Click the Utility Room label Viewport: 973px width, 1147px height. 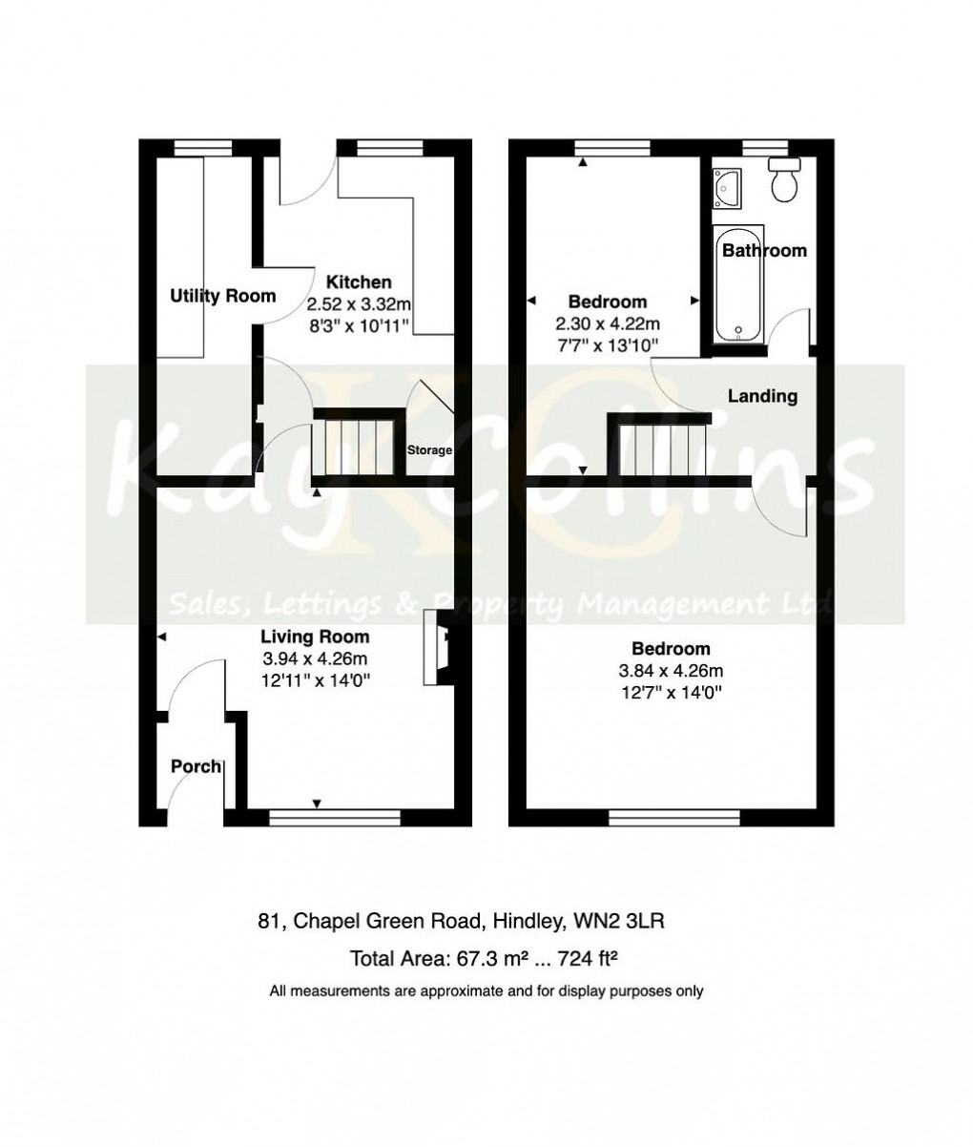pos(222,296)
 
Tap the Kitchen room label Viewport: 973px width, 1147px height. pos(359,282)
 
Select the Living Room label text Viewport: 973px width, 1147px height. pos(315,636)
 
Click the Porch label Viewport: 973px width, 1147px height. pos(196,766)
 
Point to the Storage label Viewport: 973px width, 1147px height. pos(429,450)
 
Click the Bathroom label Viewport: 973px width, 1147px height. pos(764,250)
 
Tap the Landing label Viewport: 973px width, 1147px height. pos(762,395)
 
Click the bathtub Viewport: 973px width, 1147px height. pos(739,283)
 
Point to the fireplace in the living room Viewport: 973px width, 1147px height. pos(441,648)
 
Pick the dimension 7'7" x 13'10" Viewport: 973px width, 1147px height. pos(609,344)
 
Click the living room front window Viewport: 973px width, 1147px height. pos(334,817)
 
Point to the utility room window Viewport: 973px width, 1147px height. pos(203,147)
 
